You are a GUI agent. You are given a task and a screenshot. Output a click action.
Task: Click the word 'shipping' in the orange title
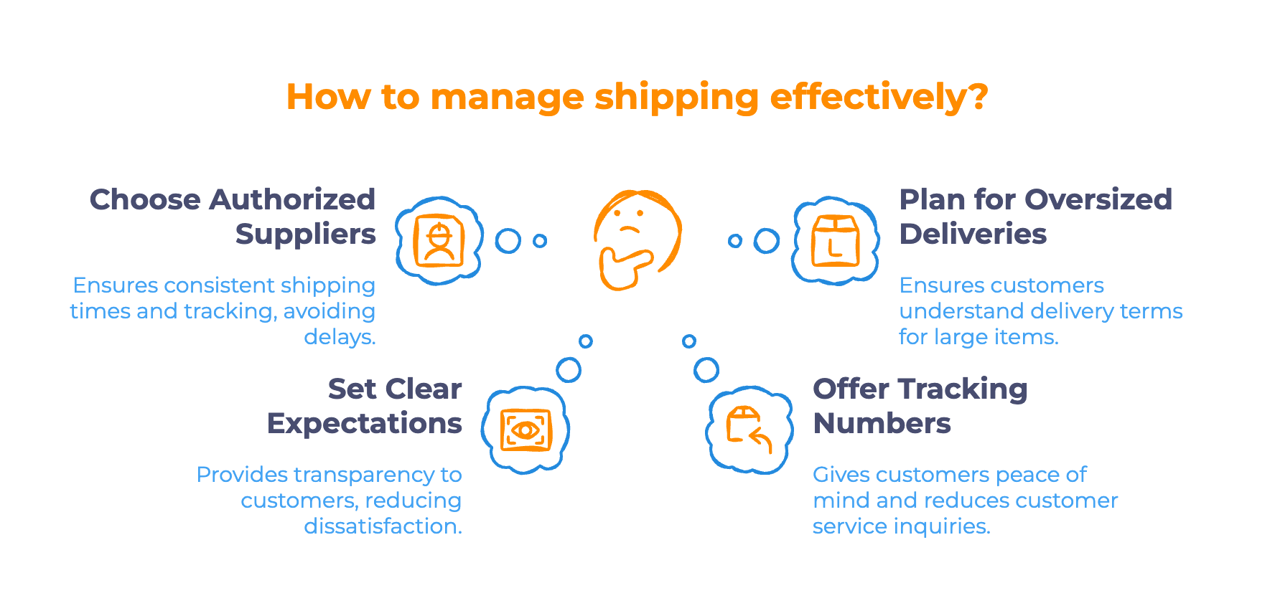coord(676,98)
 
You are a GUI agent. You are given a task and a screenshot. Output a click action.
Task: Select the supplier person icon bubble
coord(439,240)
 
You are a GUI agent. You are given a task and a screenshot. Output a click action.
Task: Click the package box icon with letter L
coord(835,240)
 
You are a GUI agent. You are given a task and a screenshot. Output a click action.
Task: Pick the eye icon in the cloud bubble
coord(526,430)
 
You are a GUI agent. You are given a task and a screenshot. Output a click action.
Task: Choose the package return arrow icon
coord(749,429)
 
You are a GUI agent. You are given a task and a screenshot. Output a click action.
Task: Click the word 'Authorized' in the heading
coord(293,199)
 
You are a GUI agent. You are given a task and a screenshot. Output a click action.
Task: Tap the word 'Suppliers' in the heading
coord(305,234)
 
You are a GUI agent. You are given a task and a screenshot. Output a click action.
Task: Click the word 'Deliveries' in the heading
coord(973,234)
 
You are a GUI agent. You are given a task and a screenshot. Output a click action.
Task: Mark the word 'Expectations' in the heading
coord(365,423)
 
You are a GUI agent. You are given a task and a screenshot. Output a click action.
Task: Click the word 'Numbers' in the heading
coord(882,423)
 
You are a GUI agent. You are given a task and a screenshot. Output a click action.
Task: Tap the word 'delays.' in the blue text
coord(340,337)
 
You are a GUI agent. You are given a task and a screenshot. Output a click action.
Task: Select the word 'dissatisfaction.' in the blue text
coord(383,526)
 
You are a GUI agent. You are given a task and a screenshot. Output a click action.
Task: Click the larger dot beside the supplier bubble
coord(508,241)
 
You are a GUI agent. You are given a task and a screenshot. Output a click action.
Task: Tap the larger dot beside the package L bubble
coord(766,241)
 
